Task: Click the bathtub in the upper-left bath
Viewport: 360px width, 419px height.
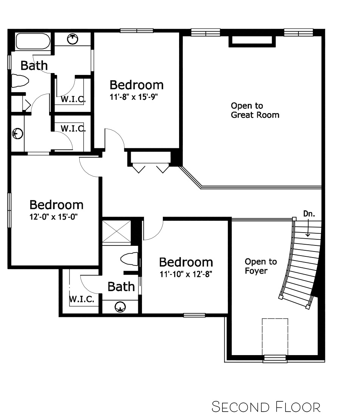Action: coord(33,42)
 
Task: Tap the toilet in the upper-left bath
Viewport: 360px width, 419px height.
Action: coord(20,81)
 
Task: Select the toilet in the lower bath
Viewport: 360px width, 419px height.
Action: coord(130,259)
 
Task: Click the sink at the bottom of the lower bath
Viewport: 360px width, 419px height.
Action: coord(120,307)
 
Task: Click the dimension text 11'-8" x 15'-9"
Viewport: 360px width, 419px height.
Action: coord(134,97)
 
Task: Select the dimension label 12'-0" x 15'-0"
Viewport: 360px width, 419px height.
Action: coord(53,217)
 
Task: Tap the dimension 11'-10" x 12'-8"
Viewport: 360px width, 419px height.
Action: coord(186,274)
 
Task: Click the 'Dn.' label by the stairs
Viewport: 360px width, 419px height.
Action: coord(309,214)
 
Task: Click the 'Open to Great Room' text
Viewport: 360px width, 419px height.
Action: coord(255,110)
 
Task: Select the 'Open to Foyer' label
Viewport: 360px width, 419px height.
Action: coord(261,266)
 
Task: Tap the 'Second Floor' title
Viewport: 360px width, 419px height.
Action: coord(266,407)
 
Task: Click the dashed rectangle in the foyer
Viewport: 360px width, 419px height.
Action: coord(275,337)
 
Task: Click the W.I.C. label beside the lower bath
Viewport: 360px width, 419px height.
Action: coord(82,299)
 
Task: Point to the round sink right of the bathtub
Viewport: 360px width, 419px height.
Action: coord(73,39)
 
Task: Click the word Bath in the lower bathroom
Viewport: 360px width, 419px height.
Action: coord(121,287)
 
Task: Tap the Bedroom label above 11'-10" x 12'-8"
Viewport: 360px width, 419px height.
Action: coord(186,262)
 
